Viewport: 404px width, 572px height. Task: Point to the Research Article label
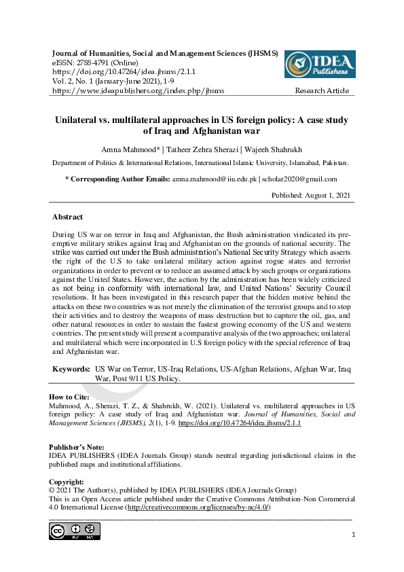point(322,90)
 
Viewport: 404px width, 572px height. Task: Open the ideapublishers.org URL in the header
point(138,90)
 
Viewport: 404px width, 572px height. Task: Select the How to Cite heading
point(71,396)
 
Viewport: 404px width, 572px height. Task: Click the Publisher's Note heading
point(77,447)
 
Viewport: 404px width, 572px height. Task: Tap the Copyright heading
point(67,482)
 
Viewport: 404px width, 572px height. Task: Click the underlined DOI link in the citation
point(239,423)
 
